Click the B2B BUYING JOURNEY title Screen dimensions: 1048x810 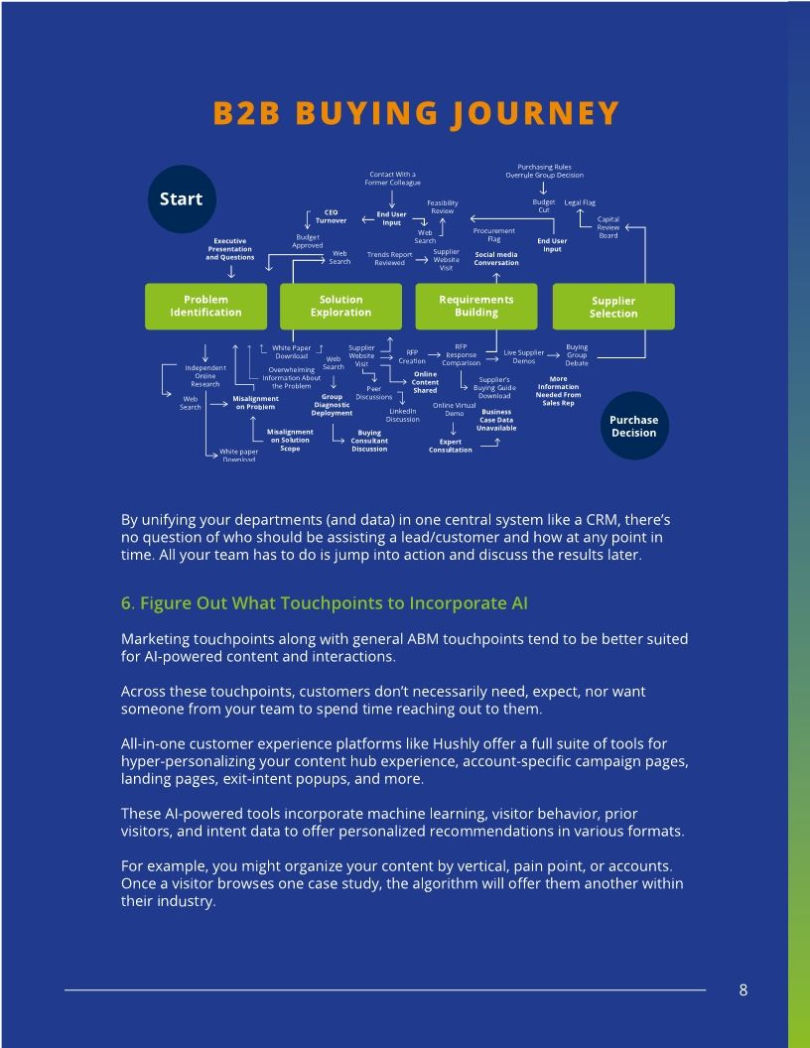(x=416, y=114)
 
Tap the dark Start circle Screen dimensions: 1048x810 (x=181, y=198)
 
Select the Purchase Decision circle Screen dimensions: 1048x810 (x=633, y=426)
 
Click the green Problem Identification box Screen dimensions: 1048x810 (x=205, y=306)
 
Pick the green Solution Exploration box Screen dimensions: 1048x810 (x=340, y=306)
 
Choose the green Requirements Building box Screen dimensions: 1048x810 (x=476, y=306)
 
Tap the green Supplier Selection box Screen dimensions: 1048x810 (x=612, y=307)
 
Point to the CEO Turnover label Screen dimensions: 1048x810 (x=332, y=216)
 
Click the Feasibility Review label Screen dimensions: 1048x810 (x=443, y=206)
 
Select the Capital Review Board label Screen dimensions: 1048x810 (x=607, y=227)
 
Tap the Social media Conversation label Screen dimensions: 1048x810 (x=496, y=258)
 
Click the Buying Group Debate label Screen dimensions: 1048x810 (x=577, y=355)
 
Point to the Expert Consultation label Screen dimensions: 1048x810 (x=451, y=446)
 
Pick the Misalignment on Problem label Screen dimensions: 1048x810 (x=255, y=403)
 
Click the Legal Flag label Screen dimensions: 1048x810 (x=580, y=202)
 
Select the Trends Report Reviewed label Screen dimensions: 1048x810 (x=389, y=258)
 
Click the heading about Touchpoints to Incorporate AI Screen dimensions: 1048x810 (x=325, y=603)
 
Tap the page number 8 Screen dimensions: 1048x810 (x=743, y=989)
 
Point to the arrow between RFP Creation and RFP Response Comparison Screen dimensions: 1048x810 (x=435, y=354)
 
